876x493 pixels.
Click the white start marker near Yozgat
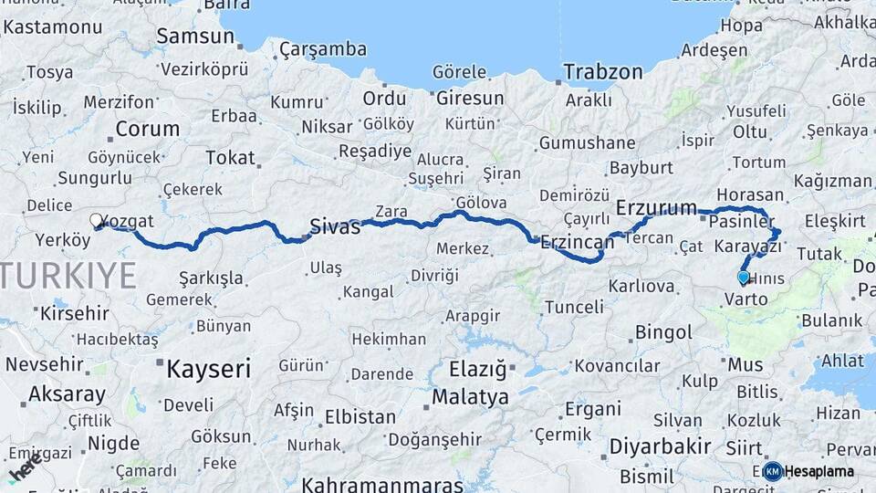click(96, 219)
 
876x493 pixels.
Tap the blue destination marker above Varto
click(743, 277)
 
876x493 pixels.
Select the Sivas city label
click(335, 226)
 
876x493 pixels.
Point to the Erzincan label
click(577, 242)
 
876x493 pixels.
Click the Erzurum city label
click(656, 208)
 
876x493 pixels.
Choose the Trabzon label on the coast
click(602, 71)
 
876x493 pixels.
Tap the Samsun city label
click(195, 37)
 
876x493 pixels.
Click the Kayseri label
click(208, 369)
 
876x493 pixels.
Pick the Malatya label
click(470, 397)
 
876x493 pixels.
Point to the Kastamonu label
click(52, 26)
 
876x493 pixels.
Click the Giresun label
click(470, 98)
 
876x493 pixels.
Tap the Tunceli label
click(573, 307)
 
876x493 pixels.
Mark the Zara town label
click(391, 211)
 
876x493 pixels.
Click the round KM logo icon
click(773, 471)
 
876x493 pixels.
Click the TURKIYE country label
click(68, 273)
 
